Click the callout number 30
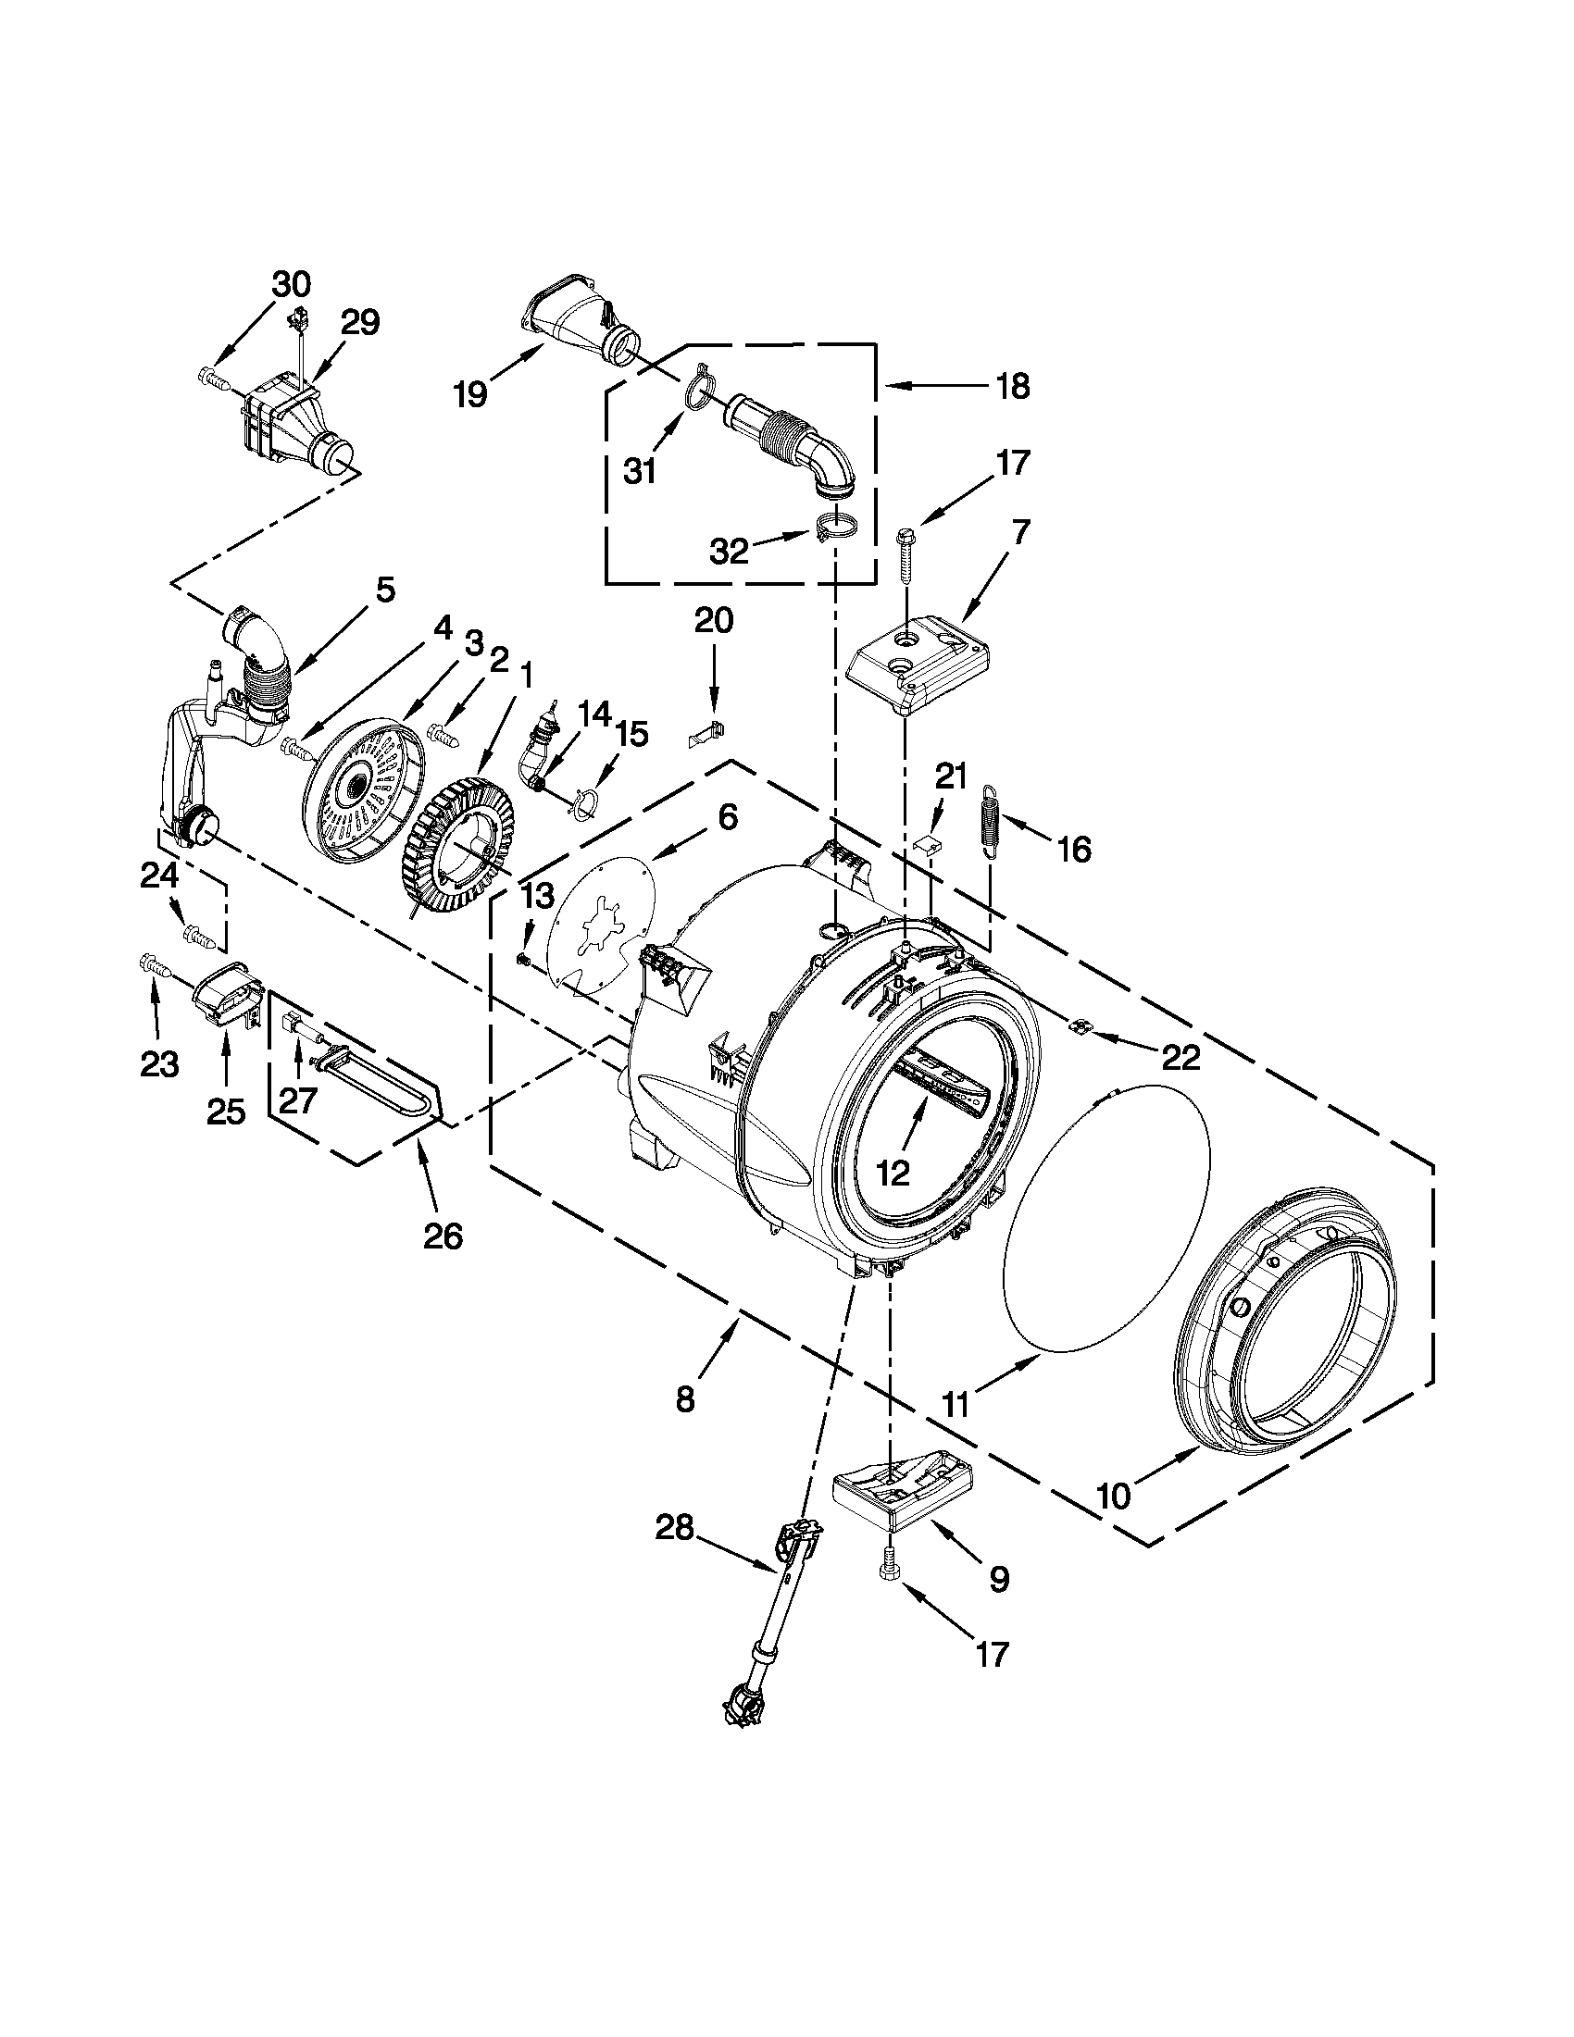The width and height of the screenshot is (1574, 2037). tap(291, 282)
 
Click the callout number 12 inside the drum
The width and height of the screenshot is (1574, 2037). tap(893, 1173)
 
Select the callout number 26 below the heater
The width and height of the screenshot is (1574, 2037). tap(443, 1236)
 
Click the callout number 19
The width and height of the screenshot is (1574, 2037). tap(471, 393)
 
